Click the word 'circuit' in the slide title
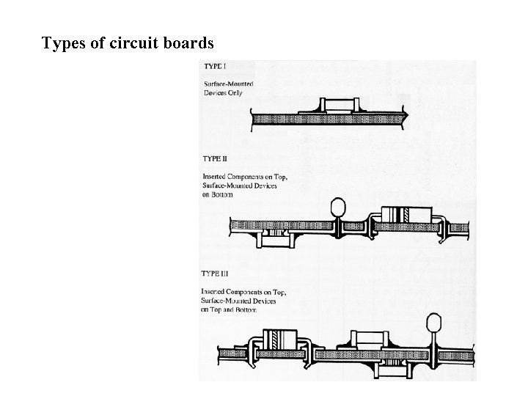point(136,44)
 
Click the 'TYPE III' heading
point(217,274)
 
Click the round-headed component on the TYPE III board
point(433,324)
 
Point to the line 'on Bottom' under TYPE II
point(216,194)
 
